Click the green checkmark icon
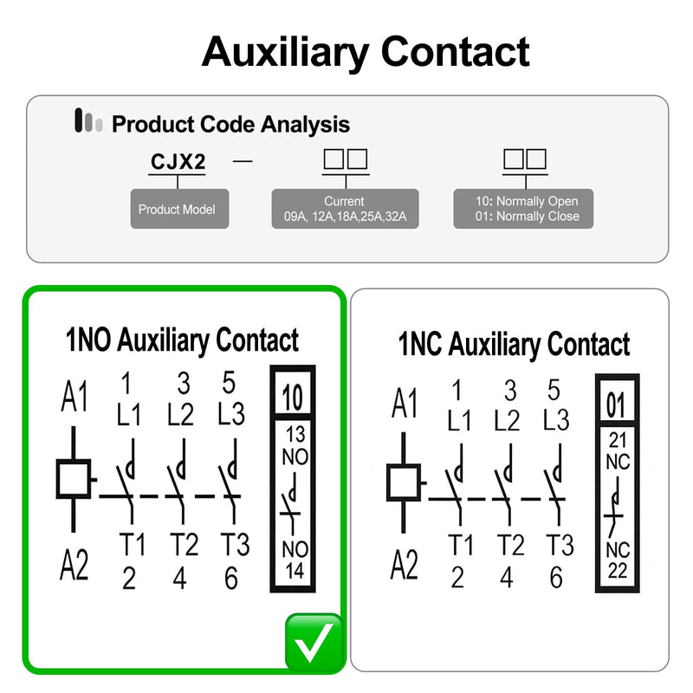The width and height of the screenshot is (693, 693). click(x=314, y=642)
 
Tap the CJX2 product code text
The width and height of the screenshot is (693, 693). click(x=178, y=162)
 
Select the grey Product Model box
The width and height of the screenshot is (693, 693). click(x=179, y=209)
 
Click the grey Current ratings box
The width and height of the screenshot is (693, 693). click(x=345, y=209)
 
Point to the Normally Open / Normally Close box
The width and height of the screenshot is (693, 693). click(x=523, y=209)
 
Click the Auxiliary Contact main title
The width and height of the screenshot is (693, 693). click(x=366, y=52)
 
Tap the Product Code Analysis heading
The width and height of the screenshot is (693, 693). click(x=230, y=124)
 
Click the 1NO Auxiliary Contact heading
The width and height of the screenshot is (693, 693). click(x=182, y=340)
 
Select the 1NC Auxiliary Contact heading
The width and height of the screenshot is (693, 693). click(x=514, y=344)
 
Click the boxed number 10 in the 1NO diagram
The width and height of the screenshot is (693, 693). click(x=293, y=398)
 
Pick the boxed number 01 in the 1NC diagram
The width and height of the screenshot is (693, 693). click(x=616, y=405)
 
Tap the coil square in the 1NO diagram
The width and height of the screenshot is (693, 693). click(x=74, y=479)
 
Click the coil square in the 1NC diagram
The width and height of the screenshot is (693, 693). click(x=403, y=483)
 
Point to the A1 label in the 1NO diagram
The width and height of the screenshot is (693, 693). click(x=74, y=396)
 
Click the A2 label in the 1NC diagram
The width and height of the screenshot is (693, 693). click(x=404, y=564)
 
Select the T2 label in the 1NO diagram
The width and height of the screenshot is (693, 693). click(x=184, y=544)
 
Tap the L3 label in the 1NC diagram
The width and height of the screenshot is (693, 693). click(x=556, y=419)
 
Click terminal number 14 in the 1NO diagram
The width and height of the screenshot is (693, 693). click(x=295, y=571)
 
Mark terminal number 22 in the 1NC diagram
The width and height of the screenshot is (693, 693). click(x=618, y=571)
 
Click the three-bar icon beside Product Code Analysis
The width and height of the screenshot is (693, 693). click(x=88, y=120)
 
